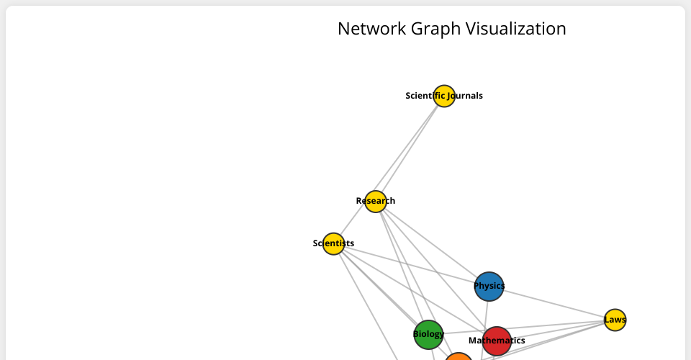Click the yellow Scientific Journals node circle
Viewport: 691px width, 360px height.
(444, 96)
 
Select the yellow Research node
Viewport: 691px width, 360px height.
(375, 202)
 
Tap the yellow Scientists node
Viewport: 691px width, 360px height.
(333, 244)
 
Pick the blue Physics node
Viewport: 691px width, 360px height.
(489, 287)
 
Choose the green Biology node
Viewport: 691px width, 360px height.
(428, 334)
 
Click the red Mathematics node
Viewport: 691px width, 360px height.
(497, 341)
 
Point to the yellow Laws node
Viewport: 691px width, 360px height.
(615, 320)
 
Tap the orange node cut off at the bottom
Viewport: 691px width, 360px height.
(459, 356)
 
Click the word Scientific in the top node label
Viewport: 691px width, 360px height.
(425, 96)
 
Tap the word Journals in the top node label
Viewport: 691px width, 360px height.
(466, 96)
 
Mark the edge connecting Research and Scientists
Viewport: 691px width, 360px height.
(353, 223)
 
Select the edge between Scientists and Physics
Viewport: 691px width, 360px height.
(410, 265)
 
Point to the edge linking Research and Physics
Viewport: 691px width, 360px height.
(432, 244)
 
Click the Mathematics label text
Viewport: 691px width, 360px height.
(497, 341)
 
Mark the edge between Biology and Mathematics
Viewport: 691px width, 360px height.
(462, 336)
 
